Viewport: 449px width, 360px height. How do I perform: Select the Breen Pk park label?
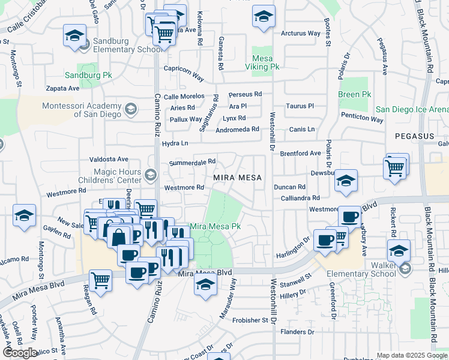(x=355, y=94)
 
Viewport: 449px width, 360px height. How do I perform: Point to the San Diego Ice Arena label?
(x=412, y=109)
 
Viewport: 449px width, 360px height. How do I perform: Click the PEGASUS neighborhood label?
(x=414, y=136)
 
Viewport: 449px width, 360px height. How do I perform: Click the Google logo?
(x=20, y=353)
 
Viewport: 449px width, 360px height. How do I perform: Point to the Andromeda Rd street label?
(x=237, y=129)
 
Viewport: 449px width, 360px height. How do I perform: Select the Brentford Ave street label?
(x=300, y=153)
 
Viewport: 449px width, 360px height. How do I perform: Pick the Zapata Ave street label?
(x=63, y=88)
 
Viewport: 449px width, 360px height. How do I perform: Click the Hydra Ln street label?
(x=175, y=143)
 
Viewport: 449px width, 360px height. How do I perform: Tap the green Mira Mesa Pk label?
(x=215, y=227)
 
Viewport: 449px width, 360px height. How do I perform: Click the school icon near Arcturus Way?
(x=263, y=17)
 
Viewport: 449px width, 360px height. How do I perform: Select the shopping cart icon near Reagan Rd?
(x=100, y=280)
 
